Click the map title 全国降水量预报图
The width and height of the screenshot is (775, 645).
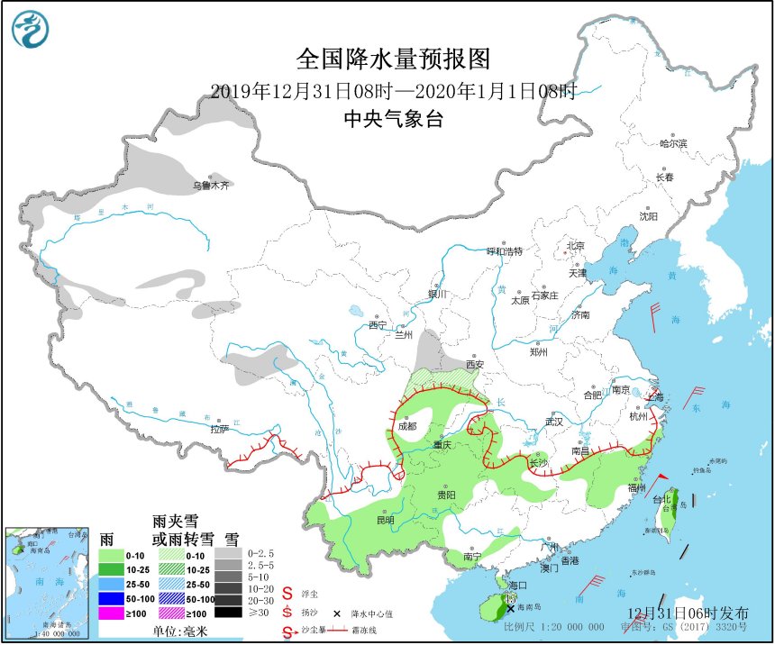tap(394, 59)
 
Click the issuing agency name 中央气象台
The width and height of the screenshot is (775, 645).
tap(394, 119)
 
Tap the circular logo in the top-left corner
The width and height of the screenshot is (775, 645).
tap(30, 29)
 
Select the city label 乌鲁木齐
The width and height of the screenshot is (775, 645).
tap(210, 185)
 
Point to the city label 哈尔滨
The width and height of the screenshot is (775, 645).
tap(672, 143)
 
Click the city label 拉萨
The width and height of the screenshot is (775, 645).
tap(220, 430)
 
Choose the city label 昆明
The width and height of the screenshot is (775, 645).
tap(385, 520)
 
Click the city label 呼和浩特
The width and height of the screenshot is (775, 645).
tap(504, 250)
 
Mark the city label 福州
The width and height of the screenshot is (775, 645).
tap(636, 487)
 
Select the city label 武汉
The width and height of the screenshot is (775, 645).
tap(553, 421)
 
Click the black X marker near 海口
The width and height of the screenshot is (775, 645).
tap(511, 608)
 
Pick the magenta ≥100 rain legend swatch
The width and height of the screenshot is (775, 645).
tap(111, 613)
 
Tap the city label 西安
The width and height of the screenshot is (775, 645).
tap(475, 365)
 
